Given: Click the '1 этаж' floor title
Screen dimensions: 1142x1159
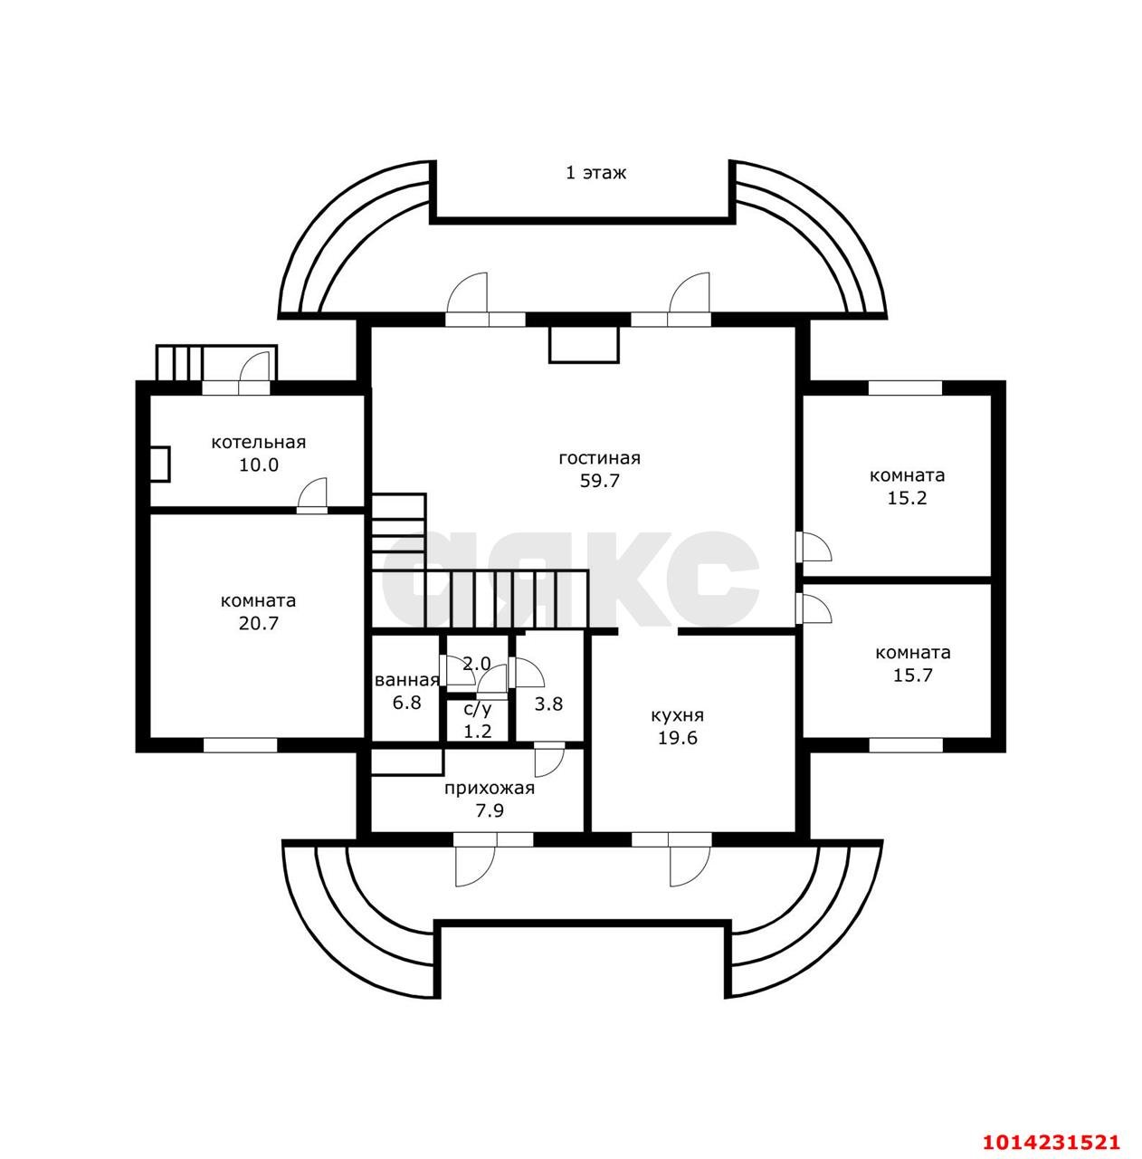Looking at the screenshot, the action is (595, 173).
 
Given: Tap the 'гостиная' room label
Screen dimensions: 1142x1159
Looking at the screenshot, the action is (600, 459).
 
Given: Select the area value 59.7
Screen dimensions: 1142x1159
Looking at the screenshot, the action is (600, 481).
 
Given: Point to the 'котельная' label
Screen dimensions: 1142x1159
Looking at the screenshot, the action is (259, 443).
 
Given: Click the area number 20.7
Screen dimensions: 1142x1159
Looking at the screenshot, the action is (259, 624).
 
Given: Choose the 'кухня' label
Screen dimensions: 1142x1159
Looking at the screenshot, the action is (677, 715).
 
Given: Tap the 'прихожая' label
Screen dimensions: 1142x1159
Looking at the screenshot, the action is (490, 788).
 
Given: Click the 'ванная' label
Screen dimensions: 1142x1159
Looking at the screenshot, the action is (406, 680).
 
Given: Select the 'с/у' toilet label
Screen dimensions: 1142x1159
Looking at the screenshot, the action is (478, 710).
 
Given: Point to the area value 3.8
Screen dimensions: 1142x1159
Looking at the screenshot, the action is (548, 704).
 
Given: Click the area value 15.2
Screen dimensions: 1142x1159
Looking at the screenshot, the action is (908, 498).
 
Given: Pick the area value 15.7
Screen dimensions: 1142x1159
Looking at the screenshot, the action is (913, 675).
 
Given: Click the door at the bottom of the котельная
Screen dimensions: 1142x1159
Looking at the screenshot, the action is (312, 496).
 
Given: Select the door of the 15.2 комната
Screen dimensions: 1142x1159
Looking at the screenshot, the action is (814, 547).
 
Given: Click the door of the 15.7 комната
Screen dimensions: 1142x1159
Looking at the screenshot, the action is (814, 609).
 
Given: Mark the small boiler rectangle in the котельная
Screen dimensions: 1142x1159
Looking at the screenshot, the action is (160, 464).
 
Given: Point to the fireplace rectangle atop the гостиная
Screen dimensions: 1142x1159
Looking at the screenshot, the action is (584, 345).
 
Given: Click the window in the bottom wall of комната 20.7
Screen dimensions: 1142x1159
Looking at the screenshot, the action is (240, 745).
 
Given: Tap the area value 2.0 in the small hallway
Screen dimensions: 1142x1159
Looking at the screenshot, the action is (477, 664).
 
